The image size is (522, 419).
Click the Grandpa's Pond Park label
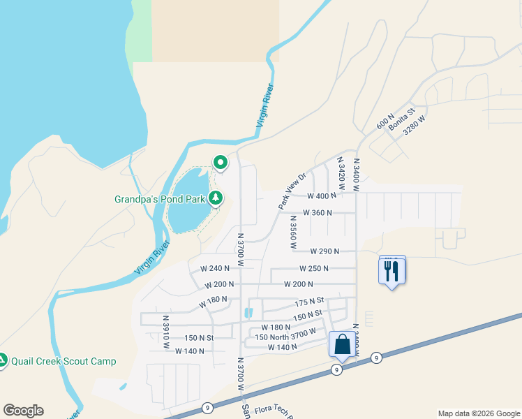click(160, 199)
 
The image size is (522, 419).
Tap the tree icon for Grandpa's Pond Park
click(216, 198)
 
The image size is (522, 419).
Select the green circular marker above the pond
click(221, 163)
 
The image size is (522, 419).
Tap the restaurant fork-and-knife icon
click(392, 271)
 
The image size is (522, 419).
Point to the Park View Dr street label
click(292, 191)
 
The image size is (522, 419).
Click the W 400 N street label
click(321, 196)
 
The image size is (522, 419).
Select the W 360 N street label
click(318, 213)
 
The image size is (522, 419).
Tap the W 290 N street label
click(325, 251)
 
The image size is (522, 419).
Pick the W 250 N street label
click(313, 268)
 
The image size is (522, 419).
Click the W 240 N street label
click(215, 268)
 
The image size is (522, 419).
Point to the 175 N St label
click(311, 302)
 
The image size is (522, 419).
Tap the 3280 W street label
click(414, 129)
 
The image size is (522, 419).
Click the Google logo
click(23, 411)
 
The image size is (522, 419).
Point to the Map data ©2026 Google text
click(478, 413)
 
